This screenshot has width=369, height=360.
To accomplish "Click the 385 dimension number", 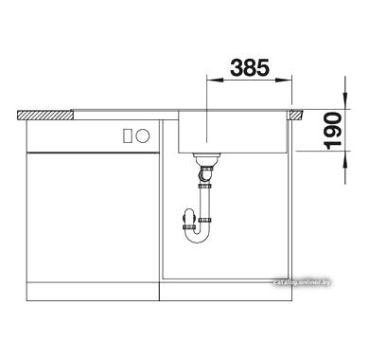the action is pyautogui.click(x=250, y=67).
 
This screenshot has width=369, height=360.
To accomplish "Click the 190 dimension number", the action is pyautogui.click(x=333, y=130).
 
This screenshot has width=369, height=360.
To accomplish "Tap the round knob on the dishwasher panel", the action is pyautogui.click(x=143, y=135).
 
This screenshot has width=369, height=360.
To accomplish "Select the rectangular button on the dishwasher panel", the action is pyautogui.click(x=128, y=135).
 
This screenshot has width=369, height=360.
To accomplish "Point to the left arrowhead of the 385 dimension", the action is pyautogui.click(x=214, y=81).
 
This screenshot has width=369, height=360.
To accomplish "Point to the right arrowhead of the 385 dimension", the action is pyautogui.click(x=284, y=81).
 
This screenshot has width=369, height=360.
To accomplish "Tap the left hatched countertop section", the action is pyautogui.click(x=45, y=115).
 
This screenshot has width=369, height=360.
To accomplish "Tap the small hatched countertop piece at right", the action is pyautogui.click(x=296, y=115).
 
